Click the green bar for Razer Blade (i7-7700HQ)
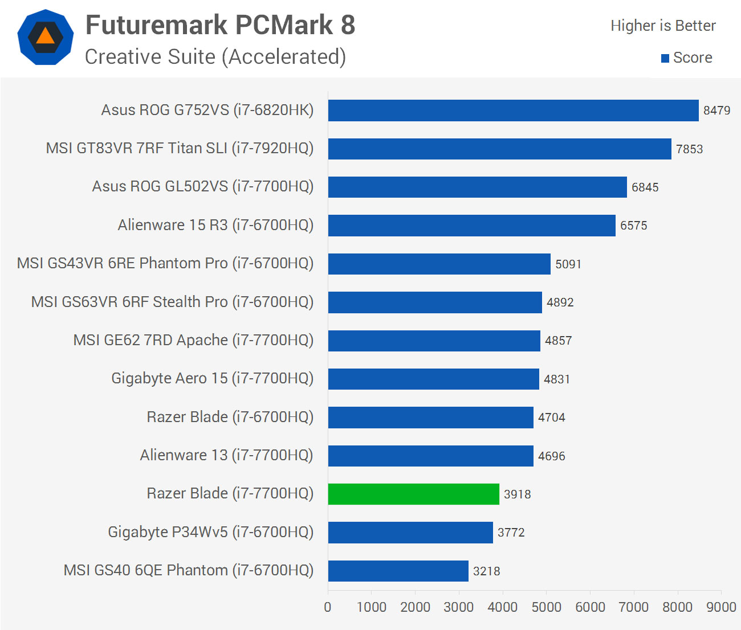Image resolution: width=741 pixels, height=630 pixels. [413, 494]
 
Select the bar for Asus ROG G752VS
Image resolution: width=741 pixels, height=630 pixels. [513, 111]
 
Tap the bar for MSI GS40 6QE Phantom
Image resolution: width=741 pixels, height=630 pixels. [398, 571]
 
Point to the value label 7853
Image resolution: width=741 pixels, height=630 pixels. [689, 149]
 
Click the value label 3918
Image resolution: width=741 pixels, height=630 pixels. [517, 494]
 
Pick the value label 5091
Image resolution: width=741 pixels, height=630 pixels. [568, 264]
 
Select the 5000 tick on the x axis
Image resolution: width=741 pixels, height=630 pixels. [546, 607]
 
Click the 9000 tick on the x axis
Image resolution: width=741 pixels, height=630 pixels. [721, 607]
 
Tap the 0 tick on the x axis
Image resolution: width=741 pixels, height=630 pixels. [328, 607]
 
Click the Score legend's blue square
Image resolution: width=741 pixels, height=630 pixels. [665, 58]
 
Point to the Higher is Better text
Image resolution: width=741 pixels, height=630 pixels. [662, 26]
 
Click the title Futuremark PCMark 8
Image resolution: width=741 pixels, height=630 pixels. [220, 25]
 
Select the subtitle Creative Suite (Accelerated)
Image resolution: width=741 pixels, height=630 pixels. [215, 57]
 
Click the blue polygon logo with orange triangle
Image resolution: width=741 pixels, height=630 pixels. [46, 37]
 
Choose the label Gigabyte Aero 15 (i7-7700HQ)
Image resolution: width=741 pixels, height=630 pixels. [212, 378]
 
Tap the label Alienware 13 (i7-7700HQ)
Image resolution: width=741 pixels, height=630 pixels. [226, 455]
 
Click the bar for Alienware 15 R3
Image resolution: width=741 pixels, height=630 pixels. [471, 226]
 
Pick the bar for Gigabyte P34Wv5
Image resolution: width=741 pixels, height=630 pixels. [410, 533]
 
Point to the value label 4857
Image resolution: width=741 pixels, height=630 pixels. [558, 341]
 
